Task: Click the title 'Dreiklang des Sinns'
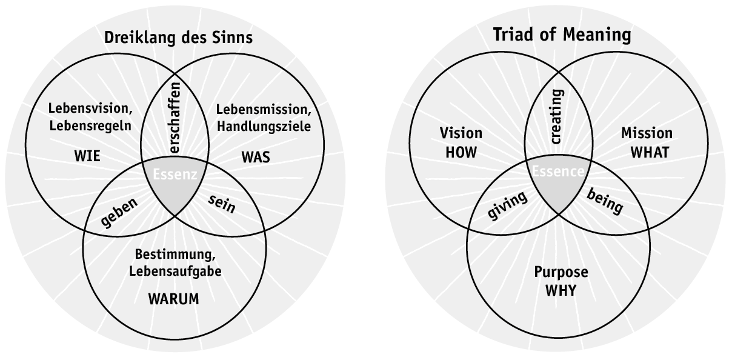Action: pyautogui.click(x=178, y=38)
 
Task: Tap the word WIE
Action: pyautogui.click(x=88, y=158)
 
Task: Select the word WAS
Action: pyautogui.click(x=256, y=158)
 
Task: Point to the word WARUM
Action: pyautogui.click(x=175, y=299)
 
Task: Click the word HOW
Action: pyautogui.click(x=461, y=153)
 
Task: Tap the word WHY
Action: pyautogui.click(x=561, y=290)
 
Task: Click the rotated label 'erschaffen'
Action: pyautogui.click(x=175, y=119)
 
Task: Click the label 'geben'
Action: pyautogui.click(x=119, y=212)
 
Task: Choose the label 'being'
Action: pyautogui.click(x=604, y=201)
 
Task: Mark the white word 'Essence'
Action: pyautogui.click(x=558, y=172)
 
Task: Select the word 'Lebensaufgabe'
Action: pyautogui.click(x=175, y=271)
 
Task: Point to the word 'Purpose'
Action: pyautogui.click(x=561, y=271)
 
